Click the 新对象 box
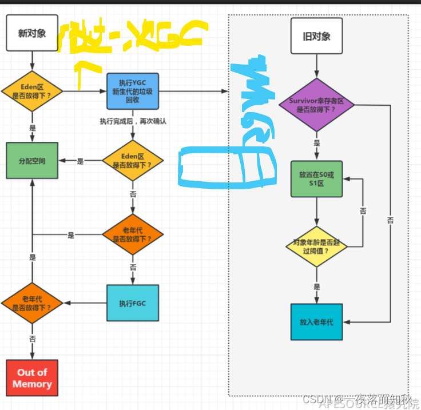pos(31,33)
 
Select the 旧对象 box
pos(316,37)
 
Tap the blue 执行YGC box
pos(133,90)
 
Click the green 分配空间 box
pos(31,161)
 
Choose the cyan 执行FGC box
pos(133,302)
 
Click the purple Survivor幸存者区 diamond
pos(316,105)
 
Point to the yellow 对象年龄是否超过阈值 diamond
pos(316,246)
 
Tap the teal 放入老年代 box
pos(316,322)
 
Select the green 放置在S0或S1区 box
pos(316,178)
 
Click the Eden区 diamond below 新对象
pos(31,91)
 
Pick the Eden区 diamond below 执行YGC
pos(133,161)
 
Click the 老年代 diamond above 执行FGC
pos(133,234)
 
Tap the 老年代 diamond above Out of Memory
pos(32,303)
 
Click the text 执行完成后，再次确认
pos(133,121)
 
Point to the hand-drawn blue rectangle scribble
pos(223,168)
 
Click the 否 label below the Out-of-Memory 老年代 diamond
pos(32,339)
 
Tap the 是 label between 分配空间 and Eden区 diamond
pos(80,161)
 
